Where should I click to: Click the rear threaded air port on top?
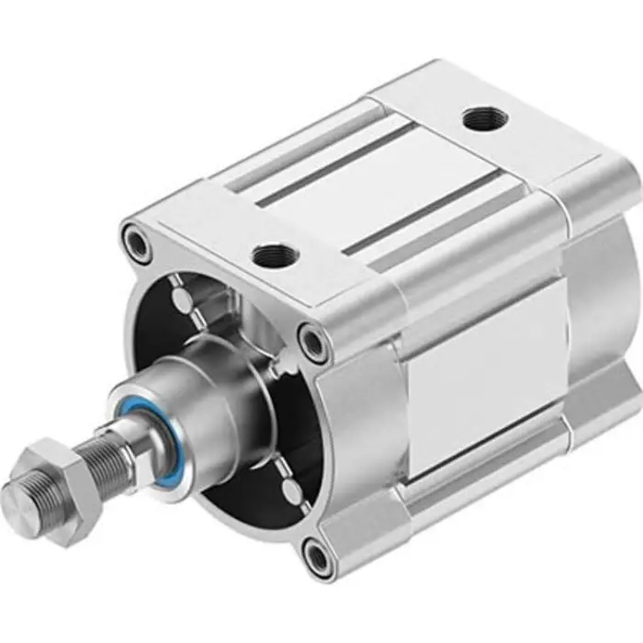coord(481,118)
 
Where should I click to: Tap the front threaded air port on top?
coord(271,255)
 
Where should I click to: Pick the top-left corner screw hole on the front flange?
coord(136,244)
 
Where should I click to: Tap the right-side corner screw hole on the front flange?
coord(314,344)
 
